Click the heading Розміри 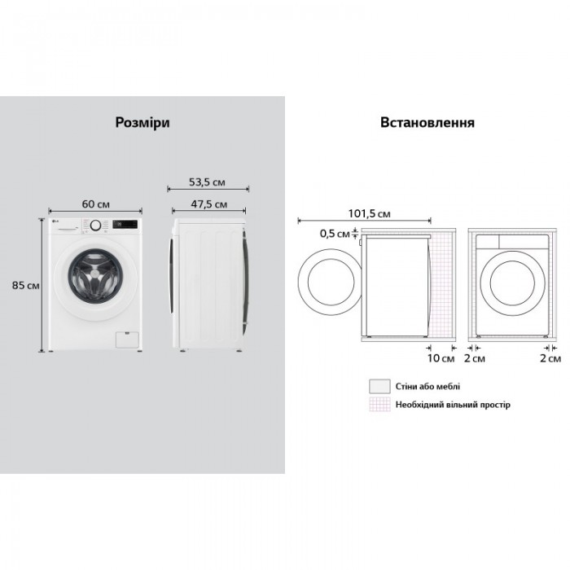[142, 122]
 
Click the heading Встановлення [427, 122]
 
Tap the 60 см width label [95, 204]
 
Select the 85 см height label [25, 285]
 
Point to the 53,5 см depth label [207, 182]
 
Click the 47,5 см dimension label [209, 204]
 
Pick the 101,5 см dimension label [370, 213]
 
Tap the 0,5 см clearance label [335, 234]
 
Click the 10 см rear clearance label [441, 358]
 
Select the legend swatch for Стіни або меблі [379, 386]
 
